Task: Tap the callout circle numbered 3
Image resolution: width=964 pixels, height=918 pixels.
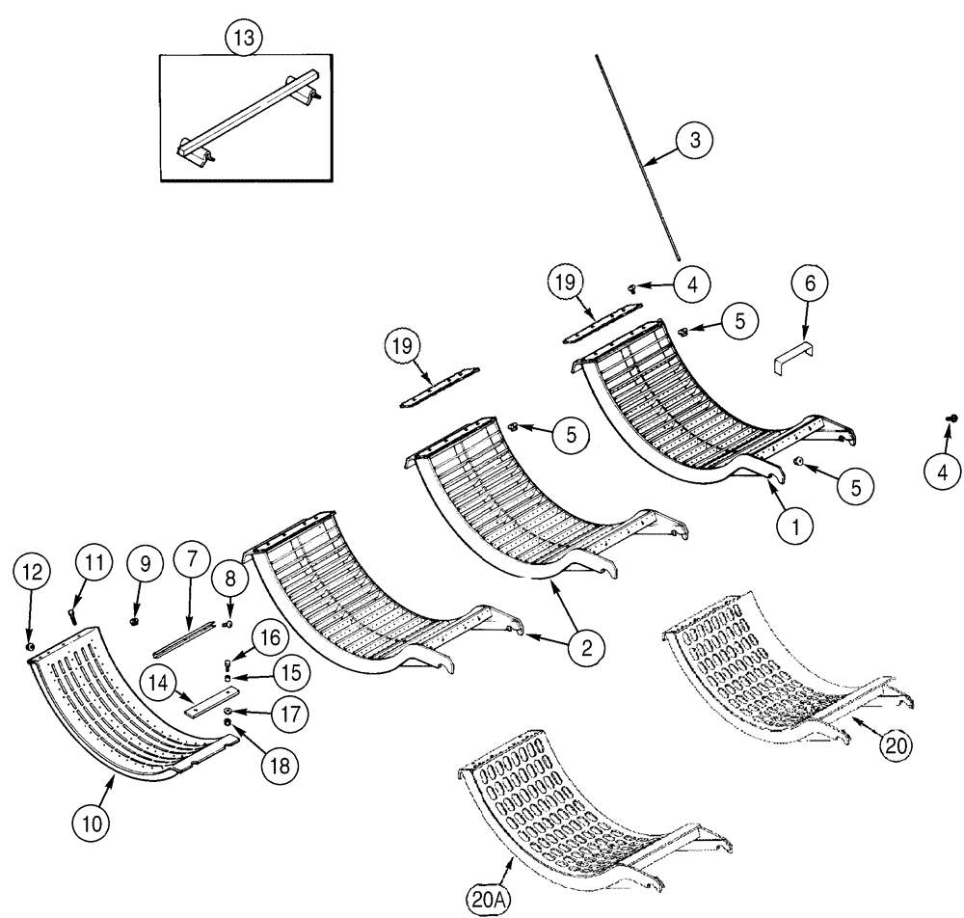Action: (x=696, y=140)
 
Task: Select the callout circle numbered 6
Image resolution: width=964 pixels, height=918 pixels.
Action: (x=810, y=283)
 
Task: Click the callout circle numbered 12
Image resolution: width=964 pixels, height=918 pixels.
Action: (x=30, y=572)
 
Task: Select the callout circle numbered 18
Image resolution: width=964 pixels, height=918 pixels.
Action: (x=280, y=765)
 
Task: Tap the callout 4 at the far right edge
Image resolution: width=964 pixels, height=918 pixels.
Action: (x=941, y=472)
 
